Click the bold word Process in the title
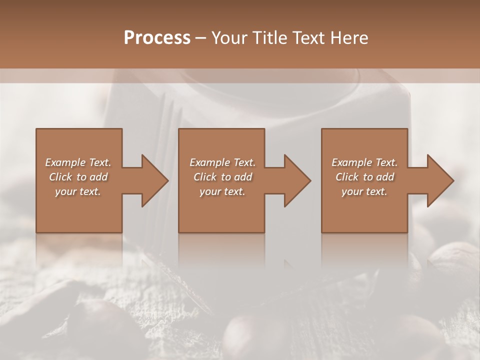(x=157, y=38)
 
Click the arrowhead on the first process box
(x=153, y=180)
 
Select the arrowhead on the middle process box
(x=296, y=180)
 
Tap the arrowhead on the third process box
(x=439, y=180)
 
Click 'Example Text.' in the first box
(x=78, y=162)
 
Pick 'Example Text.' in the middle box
(x=222, y=162)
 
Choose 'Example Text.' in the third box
(x=364, y=162)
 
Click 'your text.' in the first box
(x=78, y=191)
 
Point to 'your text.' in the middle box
(x=222, y=191)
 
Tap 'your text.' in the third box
(x=364, y=191)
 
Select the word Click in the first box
(x=60, y=177)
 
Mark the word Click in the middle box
(x=205, y=177)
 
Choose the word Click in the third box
(x=347, y=177)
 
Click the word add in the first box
(x=98, y=177)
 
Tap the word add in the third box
(x=385, y=177)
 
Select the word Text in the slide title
(x=309, y=38)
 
